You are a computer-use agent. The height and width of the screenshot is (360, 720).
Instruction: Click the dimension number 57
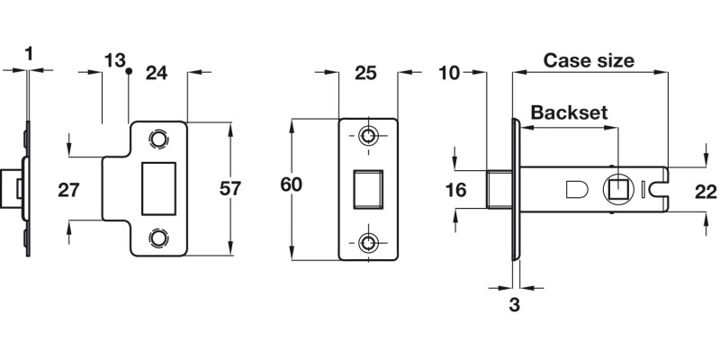click(x=231, y=189)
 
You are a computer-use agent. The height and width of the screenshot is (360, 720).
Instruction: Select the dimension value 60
click(x=290, y=185)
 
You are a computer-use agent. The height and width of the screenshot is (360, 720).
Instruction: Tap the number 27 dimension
click(x=69, y=190)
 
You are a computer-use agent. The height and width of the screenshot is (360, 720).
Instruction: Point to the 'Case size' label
click(x=589, y=61)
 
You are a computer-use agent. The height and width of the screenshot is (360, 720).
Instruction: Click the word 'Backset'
click(x=569, y=112)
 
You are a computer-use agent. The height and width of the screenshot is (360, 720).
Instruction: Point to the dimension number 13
click(x=114, y=60)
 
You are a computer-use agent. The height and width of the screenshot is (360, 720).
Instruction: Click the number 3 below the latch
click(x=514, y=304)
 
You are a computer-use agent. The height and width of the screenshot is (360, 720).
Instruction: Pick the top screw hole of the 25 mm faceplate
click(x=368, y=136)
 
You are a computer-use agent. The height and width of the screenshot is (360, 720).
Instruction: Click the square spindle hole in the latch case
click(x=618, y=189)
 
